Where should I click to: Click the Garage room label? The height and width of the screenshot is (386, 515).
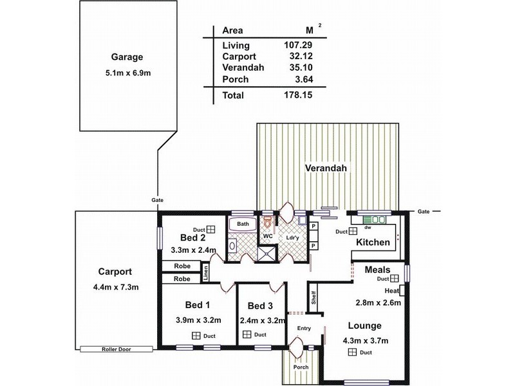pos(126,57)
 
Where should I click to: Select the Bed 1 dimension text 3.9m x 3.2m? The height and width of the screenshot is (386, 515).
pos(199,320)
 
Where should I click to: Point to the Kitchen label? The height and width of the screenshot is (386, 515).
pos(373,243)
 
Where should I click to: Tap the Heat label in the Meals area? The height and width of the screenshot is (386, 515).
pos(392,291)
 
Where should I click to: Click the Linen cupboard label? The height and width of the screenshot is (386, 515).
pos(206,273)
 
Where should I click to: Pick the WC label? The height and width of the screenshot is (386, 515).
pos(266,236)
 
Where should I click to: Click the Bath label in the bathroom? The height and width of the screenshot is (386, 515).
pos(243,224)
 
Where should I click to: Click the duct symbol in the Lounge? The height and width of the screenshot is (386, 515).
pos(352,352)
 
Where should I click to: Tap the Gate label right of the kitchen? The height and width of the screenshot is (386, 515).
pos(423,211)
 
